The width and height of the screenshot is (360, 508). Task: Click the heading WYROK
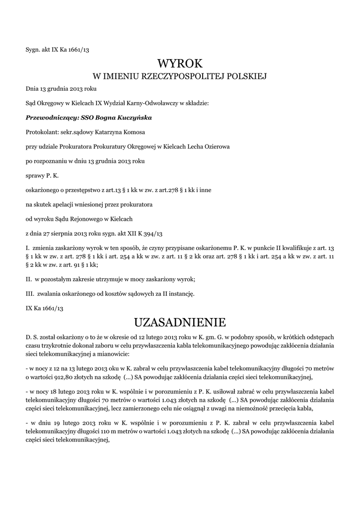[180, 63]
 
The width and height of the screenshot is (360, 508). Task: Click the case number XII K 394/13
[148, 233]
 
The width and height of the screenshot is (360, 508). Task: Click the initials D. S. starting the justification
[31, 337]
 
